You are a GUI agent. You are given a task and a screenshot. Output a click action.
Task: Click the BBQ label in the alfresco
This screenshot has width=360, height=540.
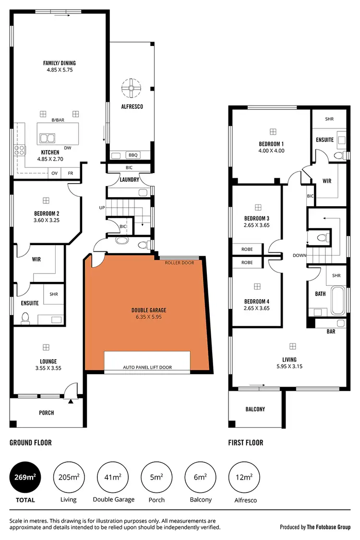point(133,155)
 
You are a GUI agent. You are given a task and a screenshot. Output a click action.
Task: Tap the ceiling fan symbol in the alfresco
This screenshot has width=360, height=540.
point(131,88)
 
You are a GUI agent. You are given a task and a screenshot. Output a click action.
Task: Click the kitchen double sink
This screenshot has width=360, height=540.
point(48,139)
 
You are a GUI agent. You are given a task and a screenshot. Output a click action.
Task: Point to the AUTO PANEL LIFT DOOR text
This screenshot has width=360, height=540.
point(147,367)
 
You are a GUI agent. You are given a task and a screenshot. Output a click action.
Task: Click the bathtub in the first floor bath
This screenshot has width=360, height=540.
point(338,299)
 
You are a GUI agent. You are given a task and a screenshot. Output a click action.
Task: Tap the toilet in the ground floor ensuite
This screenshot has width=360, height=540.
point(26,317)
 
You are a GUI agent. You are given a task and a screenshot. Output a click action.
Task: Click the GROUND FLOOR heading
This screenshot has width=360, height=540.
point(30,443)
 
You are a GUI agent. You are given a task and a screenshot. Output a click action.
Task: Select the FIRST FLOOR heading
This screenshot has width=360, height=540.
point(245,443)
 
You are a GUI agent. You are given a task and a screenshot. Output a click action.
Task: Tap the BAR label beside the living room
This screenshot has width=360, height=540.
point(331,331)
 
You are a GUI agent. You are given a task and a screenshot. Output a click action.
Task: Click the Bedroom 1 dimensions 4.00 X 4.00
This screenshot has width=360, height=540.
point(272,151)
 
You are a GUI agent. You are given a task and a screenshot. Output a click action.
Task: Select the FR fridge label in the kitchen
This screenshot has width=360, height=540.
point(70,173)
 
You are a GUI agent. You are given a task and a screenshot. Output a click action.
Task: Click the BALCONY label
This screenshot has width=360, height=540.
point(255,409)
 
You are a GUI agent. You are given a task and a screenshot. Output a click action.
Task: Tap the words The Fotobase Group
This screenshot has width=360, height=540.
point(329,527)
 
